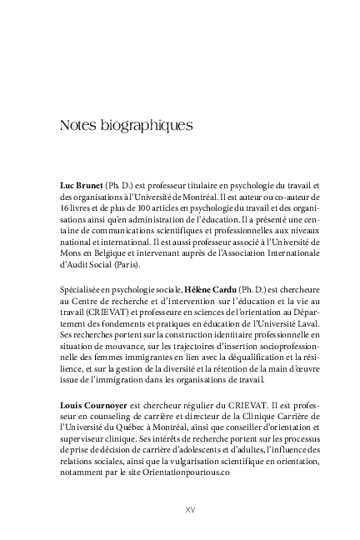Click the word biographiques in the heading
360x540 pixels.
point(146,127)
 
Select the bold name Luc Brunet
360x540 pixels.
point(82,186)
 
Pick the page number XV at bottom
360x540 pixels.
point(189,510)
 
